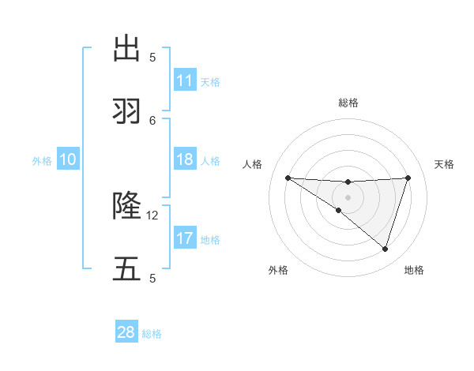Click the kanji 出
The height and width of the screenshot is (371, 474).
pyautogui.click(x=126, y=48)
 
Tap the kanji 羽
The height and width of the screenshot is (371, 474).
pyautogui.click(x=126, y=111)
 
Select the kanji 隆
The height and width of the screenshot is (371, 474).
pyautogui.click(x=126, y=206)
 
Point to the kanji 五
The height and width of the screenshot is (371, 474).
pyautogui.click(x=126, y=269)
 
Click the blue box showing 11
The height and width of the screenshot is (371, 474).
pyautogui.click(x=185, y=81)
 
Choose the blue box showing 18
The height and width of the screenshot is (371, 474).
pyautogui.click(x=185, y=159)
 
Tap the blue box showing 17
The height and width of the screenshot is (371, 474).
pyautogui.click(x=185, y=238)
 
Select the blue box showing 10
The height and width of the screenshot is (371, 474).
pyautogui.click(x=68, y=159)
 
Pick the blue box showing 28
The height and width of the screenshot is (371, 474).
pyautogui.click(x=126, y=332)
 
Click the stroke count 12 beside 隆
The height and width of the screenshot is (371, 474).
pyautogui.click(x=152, y=215)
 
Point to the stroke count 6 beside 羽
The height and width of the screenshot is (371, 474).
pyautogui.click(x=152, y=120)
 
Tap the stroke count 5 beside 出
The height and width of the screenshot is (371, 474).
pyautogui.click(x=152, y=57)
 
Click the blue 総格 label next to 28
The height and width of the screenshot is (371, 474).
pyautogui.click(x=152, y=334)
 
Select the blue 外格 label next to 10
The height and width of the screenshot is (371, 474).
pyautogui.click(x=42, y=161)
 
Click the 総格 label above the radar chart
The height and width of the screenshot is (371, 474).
pyautogui.click(x=348, y=103)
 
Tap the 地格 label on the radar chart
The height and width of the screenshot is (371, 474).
pyautogui.click(x=414, y=270)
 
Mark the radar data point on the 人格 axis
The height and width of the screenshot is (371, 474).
pyautogui.click(x=288, y=178)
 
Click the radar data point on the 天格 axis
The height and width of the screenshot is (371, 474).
pyautogui.click(x=408, y=178)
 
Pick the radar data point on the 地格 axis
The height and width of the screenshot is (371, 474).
pyautogui.click(x=385, y=249)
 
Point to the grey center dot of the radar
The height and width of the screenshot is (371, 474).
pyautogui.click(x=348, y=197)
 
